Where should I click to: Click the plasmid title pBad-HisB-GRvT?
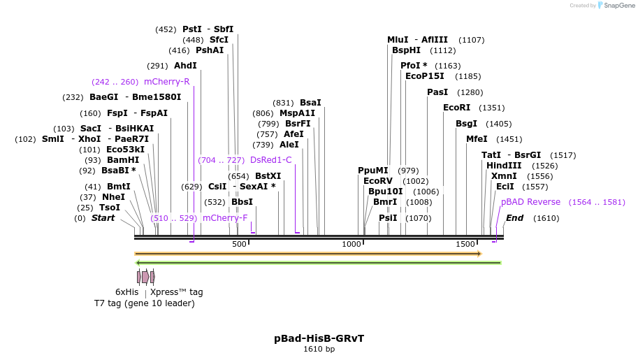point(319,338)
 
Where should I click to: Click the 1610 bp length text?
point(319,349)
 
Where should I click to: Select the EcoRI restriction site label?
point(456,108)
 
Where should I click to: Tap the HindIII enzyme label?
point(504,166)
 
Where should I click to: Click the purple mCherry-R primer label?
point(166,82)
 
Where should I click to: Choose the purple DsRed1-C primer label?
point(270,160)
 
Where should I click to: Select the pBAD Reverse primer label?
point(530,202)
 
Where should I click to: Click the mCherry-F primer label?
point(225,218)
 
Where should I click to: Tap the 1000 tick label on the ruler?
point(351,244)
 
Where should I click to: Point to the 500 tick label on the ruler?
point(239,244)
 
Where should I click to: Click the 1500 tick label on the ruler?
point(465,244)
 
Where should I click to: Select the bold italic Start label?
point(103,218)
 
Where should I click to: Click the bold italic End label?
point(514,218)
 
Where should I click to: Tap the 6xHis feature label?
point(126,292)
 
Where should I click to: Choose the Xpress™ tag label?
point(177,292)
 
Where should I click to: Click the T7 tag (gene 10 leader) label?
point(145,303)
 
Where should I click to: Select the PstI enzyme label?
point(191,29)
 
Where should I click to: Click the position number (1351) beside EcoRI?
point(491,108)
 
